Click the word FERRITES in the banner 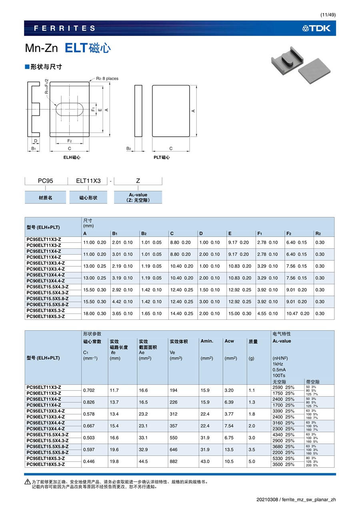pyautogui.click(x=65, y=28)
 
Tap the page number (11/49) pyautogui.click(x=328, y=15)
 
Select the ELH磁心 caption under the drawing pyautogui.click(x=72, y=158)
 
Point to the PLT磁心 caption pyautogui.click(x=162, y=158)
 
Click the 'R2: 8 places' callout pyautogui.click(x=107, y=78)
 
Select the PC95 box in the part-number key pyautogui.click(x=45, y=181)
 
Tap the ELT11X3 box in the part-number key pyautogui.click(x=88, y=181)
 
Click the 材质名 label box pyautogui.click(x=45, y=198)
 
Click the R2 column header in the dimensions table pyautogui.click(x=318, y=234)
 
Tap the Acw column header pyautogui.click(x=229, y=341)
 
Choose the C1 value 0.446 pyautogui.click(x=89, y=461)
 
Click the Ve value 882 pyautogui.click(x=174, y=461)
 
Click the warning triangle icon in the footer pyautogui.click(x=27, y=482)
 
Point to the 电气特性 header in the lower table pyautogui.click(x=282, y=333)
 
